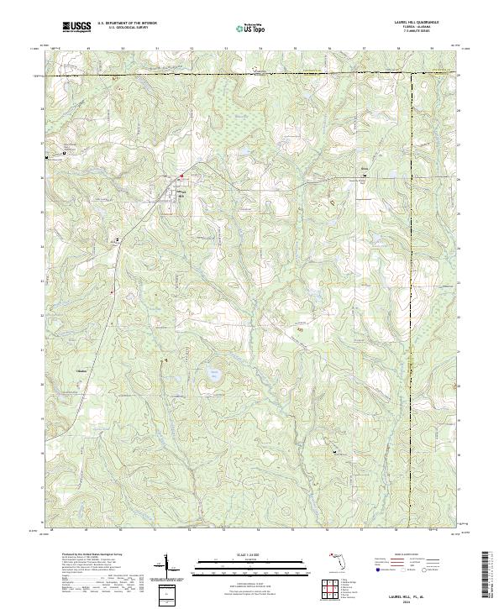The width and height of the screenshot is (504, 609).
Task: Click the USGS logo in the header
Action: tap(77, 28)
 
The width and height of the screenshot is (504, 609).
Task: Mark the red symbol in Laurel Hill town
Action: tap(180, 176)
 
